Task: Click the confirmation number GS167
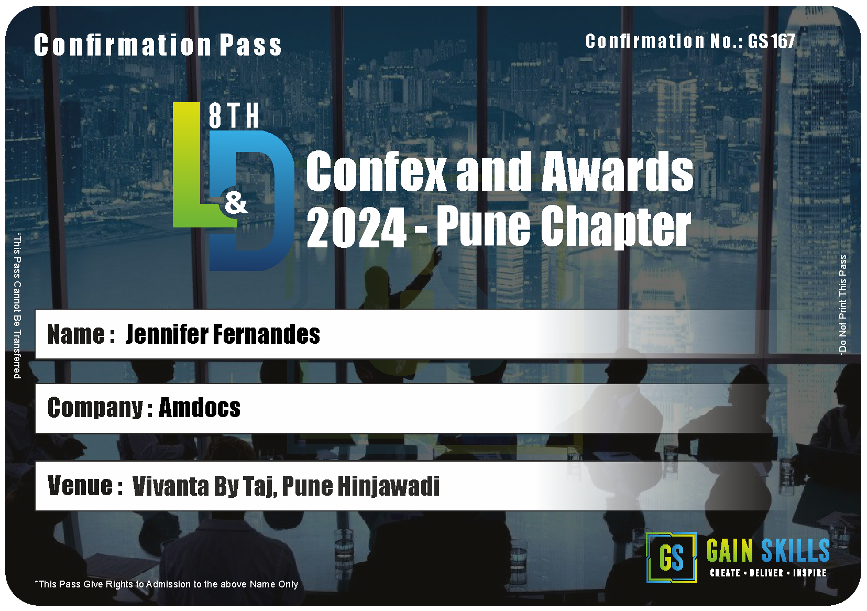pos(771,41)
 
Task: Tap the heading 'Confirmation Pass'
pos(158,45)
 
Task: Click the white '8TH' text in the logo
pos(234,116)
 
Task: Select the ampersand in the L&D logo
pos(236,203)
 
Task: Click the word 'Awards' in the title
pos(617,171)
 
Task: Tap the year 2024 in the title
pos(356,227)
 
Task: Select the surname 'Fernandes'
pos(267,334)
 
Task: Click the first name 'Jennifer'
pos(166,334)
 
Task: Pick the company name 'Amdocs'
pos(200,408)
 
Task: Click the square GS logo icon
pos(672,558)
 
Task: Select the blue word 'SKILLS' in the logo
pos(795,551)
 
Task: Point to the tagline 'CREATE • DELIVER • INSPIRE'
pos(769,573)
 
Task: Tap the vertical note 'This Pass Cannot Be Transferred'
pos(17,305)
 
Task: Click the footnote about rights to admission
pos(167,584)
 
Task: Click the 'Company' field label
pos(95,408)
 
